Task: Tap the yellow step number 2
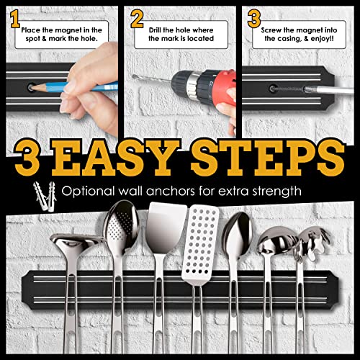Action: click(137, 18)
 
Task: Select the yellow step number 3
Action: click(253, 17)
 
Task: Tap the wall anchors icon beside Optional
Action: click(42, 192)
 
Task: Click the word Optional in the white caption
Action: click(90, 192)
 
